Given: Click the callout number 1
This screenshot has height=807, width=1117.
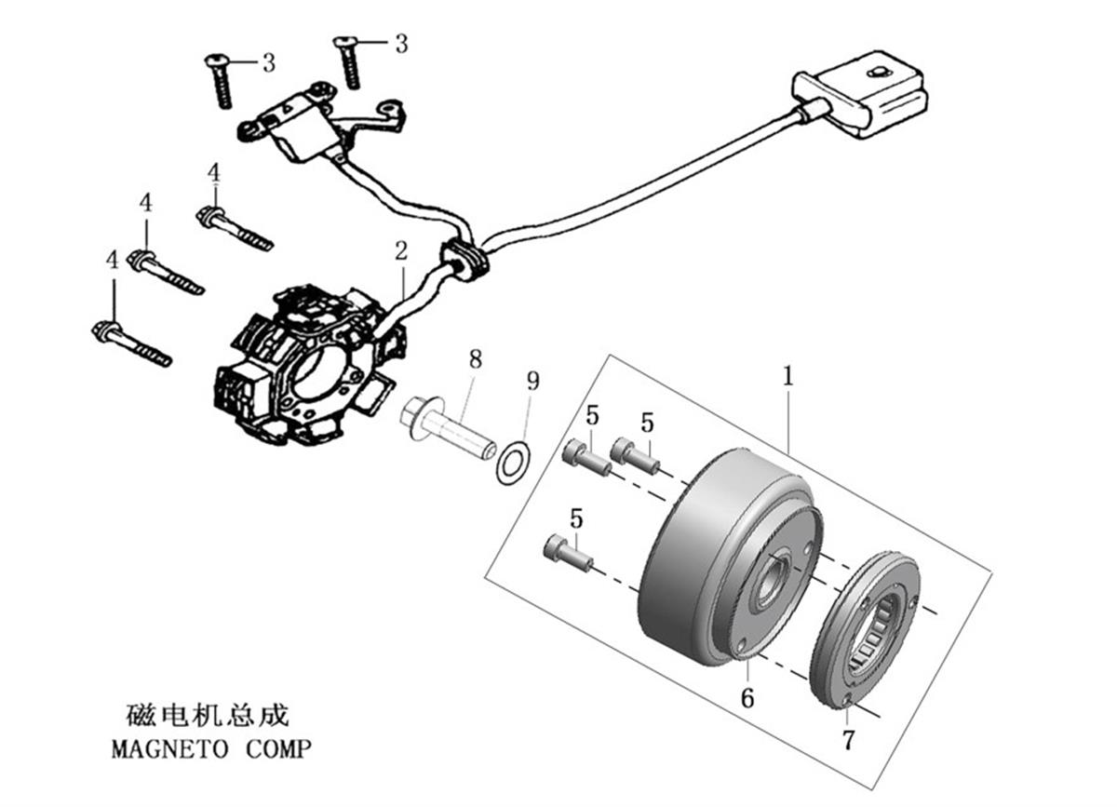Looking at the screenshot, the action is click(787, 376).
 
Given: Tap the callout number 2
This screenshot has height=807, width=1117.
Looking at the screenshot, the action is click(401, 251).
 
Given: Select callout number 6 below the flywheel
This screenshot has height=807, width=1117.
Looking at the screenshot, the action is click(747, 698).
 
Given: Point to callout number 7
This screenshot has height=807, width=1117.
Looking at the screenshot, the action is click(849, 739).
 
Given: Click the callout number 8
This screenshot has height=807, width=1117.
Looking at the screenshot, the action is click(476, 359).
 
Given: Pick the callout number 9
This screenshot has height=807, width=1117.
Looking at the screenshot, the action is click(533, 381).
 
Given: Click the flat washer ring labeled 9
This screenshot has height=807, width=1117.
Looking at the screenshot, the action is click(513, 463).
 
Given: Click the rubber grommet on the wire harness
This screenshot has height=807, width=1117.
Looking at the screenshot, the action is click(463, 261).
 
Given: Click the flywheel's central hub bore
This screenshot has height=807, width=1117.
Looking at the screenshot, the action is click(771, 581).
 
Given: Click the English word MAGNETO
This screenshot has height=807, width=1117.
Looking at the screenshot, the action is click(169, 749).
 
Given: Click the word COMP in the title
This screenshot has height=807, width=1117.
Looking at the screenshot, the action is click(278, 749).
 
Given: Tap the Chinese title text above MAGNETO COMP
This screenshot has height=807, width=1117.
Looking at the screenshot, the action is click(207, 715).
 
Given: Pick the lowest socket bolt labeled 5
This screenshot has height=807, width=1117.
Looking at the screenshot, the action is click(569, 553).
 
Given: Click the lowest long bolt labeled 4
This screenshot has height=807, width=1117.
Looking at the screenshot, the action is click(131, 343).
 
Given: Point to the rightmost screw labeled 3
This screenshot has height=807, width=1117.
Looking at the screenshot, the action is click(347, 62).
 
